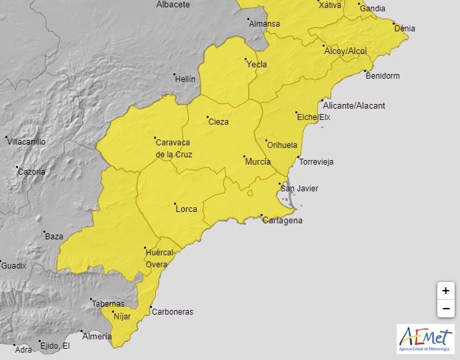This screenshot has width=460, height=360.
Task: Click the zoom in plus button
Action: (x=445, y=291)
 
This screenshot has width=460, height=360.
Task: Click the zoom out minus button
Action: (x=445, y=309)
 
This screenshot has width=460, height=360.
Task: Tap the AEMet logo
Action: (x=425, y=339)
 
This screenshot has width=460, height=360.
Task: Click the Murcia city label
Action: (x=258, y=162)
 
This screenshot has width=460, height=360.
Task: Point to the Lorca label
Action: (x=186, y=209)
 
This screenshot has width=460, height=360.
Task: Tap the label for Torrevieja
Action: (x=317, y=162)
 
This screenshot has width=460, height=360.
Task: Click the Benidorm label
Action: (x=383, y=75)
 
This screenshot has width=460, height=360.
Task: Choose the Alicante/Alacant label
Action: (x=353, y=105)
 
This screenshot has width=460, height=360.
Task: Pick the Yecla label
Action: (x=257, y=65)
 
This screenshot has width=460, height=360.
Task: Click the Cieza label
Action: (x=218, y=121)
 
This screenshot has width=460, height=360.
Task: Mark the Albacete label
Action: (x=173, y=5)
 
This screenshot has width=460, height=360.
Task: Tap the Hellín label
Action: (x=185, y=79)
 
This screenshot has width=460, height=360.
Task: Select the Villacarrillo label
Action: (x=26, y=141)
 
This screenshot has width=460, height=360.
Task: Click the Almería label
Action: (x=97, y=337)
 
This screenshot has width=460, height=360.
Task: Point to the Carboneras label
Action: (x=173, y=311)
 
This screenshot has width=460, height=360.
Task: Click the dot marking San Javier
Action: (x=280, y=184)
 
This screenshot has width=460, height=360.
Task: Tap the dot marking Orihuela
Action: (x=267, y=141)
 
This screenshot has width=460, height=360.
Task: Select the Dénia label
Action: (x=405, y=28)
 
